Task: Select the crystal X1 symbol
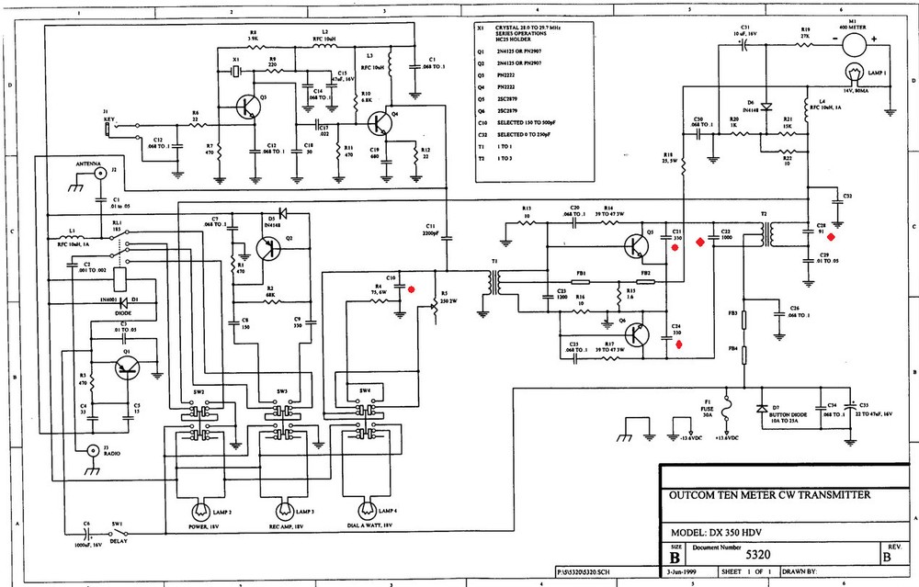(x=236, y=71)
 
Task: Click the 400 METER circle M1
(x=850, y=40)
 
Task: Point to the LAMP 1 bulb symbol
(x=850, y=72)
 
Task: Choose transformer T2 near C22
(x=762, y=236)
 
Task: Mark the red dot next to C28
(x=831, y=236)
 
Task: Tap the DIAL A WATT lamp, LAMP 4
(x=367, y=509)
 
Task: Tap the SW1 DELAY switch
(x=117, y=530)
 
